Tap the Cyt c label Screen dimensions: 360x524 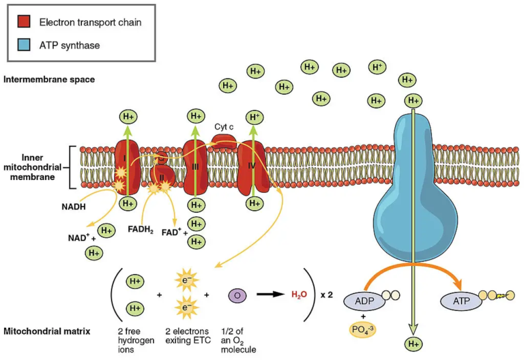point(224,127)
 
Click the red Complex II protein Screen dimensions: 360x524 point(163,179)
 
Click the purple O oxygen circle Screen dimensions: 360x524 point(237,295)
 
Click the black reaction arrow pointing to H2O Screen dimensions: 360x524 point(270,295)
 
